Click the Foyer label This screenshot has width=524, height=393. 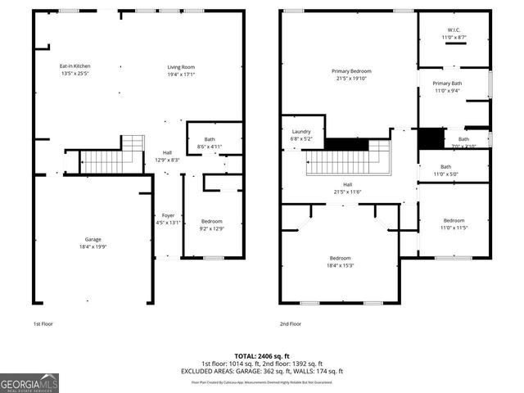pyautogui.click(x=168, y=219)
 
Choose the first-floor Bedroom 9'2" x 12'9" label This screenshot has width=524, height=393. pyautogui.click(x=211, y=225)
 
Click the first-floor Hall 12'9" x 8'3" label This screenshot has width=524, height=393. pyautogui.click(x=167, y=156)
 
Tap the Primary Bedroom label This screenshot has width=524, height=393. pyautogui.click(x=350, y=75)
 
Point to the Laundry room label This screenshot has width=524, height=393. pyautogui.click(x=301, y=135)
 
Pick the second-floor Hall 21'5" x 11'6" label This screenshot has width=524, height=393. pyautogui.click(x=347, y=188)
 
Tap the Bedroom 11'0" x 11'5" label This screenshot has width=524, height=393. pyautogui.click(x=454, y=224)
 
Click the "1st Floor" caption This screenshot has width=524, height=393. pyautogui.click(x=44, y=323)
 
